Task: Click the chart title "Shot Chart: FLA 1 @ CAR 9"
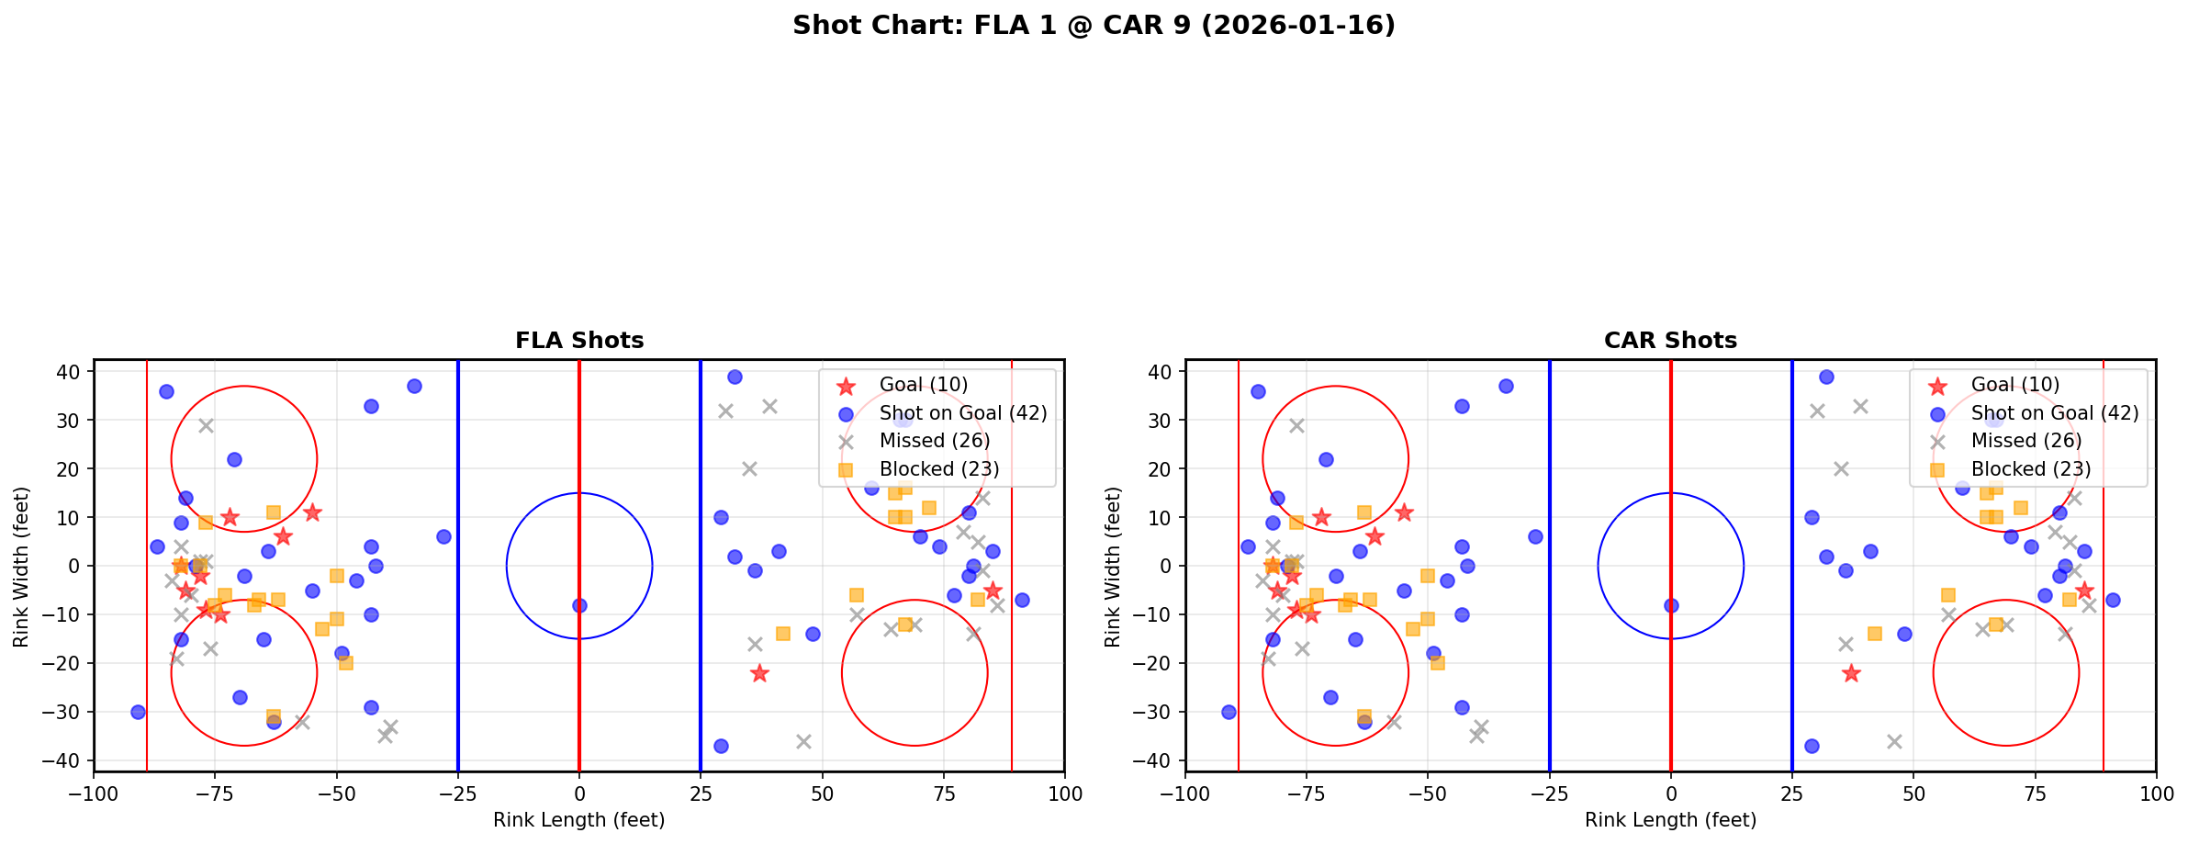pyautogui.click(x=1094, y=26)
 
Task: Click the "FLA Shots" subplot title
pyautogui.click(x=579, y=341)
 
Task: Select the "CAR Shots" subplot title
pyautogui.click(x=1670, y=341)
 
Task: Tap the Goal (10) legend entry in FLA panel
pyautogui.click(x=923, y=385)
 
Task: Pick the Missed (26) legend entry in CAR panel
pyautogui.click(x=2025, y=441)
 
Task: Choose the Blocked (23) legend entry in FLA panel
pyautogui.click(x=938, y=469)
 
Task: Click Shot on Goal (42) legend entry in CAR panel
pyautogui.click(x=2054, y=413)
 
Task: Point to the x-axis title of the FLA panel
pyautogui.click(x=578, y=820)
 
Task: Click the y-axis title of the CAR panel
pyautogui.click(x=1113, y=566)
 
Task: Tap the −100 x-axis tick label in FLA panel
pyautogui.click(x=94, y=793)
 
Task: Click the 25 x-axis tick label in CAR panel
pyautogui.click(x=1791, y=793)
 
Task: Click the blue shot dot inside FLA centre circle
pyautogui.click(x=579, y=605)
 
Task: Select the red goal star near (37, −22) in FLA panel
pyautogui.click(x=759, y=673)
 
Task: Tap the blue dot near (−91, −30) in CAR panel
pyautogui.click(x=1229, y=712)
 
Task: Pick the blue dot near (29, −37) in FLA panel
pyautogui.click(x=721, y=746)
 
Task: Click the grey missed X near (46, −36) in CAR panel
pyautogui.click(x=1894, y=741)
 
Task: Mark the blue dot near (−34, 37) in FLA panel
pyautogui.click(x=414, y=386)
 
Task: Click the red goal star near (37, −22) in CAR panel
pyautogui.click(x=1851, y=673)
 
